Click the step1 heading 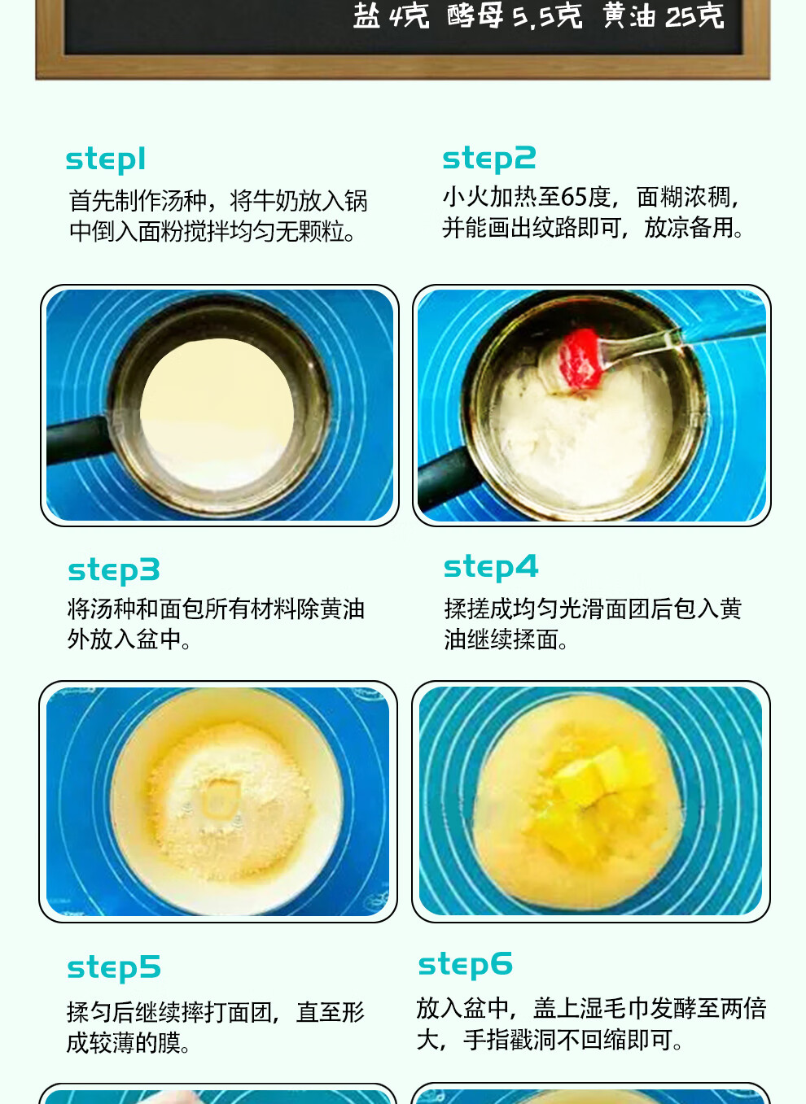click(105, 159)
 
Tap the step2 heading click(488, 158)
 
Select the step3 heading click(113, 569)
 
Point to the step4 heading click(490, 567)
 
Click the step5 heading click(113, 967)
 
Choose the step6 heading click(465, 964)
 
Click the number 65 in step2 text click(573, 197)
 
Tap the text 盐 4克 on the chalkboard click(390, 15)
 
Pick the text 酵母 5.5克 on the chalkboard click(514, 15)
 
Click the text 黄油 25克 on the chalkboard click(663, 15)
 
